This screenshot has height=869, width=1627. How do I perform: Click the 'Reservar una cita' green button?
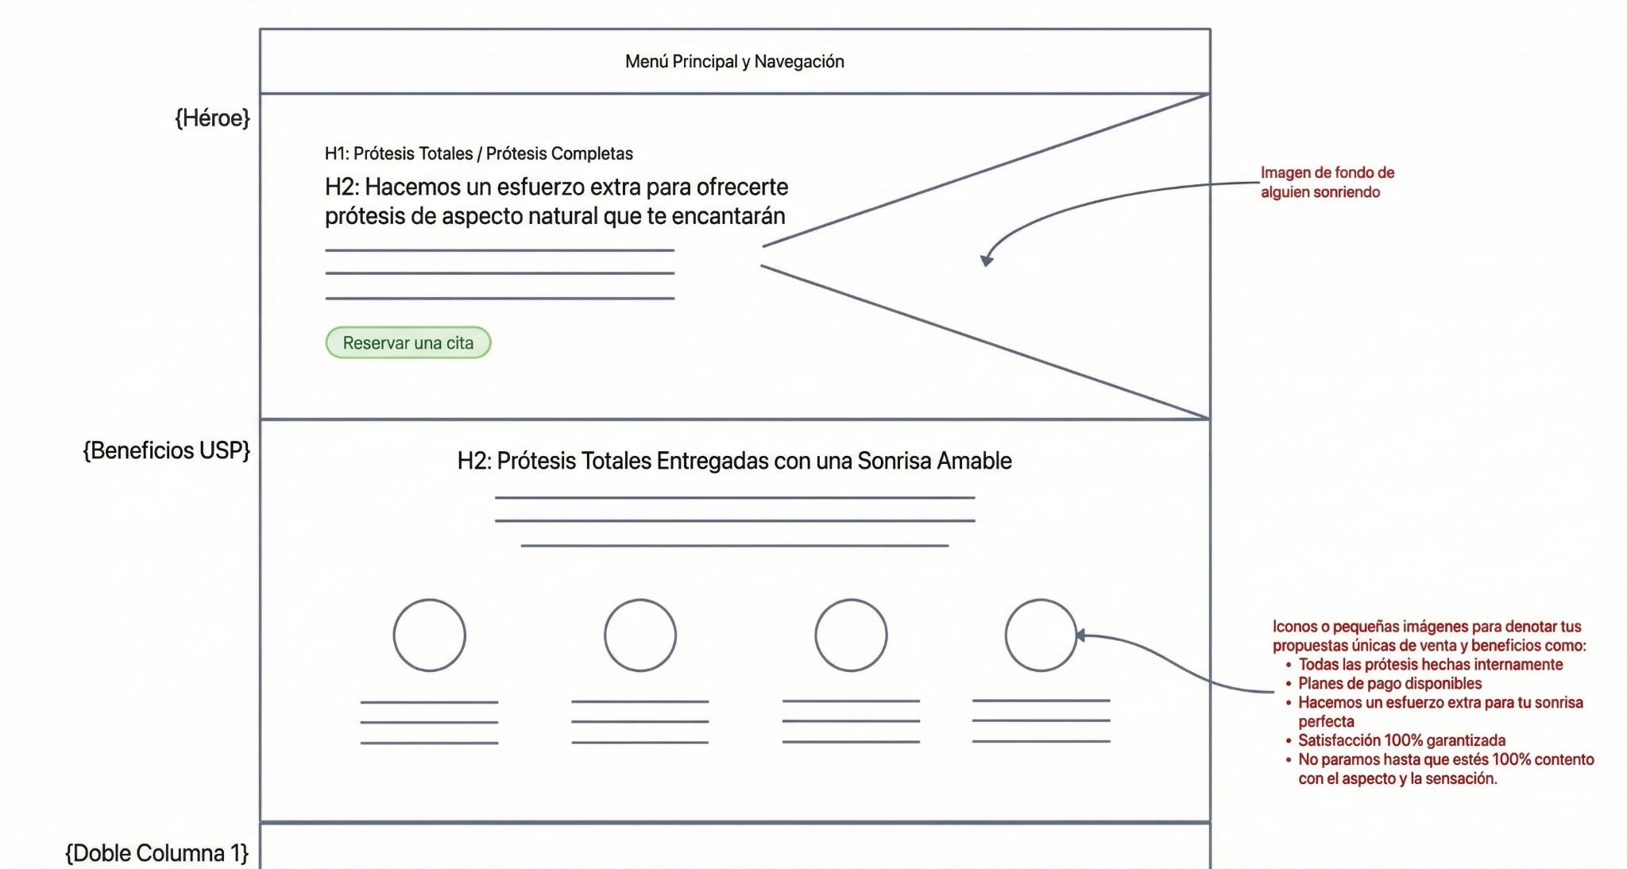(408, 343)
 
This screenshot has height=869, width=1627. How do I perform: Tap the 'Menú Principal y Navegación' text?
(734, 62)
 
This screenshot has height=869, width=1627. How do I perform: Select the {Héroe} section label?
(212, 118)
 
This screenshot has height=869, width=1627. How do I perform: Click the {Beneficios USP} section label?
(167, 450)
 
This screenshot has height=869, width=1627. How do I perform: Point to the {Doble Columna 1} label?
(157, 853)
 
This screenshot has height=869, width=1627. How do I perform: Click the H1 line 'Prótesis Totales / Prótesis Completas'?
(479, 153)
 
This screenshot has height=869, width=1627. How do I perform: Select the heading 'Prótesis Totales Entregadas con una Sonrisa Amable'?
(734, 461)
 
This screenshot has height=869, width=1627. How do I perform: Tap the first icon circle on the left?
(429, 635)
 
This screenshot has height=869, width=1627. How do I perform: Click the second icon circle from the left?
(640, 635)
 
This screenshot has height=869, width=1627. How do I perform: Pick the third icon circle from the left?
(851, 635)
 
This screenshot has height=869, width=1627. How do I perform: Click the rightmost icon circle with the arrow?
(1040, 635)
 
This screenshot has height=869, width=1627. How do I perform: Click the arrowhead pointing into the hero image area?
(986, 261)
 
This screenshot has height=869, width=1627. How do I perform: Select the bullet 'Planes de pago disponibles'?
(1389, 683)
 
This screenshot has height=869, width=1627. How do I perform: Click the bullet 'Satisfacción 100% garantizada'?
(1401, 740)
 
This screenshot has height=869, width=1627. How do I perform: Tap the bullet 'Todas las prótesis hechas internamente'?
(1430, 664)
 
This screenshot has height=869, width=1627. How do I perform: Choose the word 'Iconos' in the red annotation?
(1294, 627)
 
